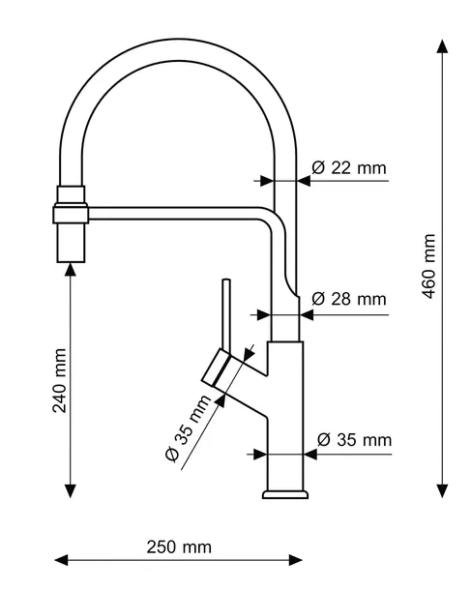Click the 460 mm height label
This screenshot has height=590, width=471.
click(x=429, y=266)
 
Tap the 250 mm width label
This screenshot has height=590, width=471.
click(x=179, y=547)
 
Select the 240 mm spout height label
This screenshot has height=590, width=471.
click(x=59, y=381)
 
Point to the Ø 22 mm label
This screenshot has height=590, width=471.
click(x=349, y=168)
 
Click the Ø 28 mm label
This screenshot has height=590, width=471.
click(x=349, y=299)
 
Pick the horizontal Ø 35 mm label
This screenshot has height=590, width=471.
click(x=354, y=440)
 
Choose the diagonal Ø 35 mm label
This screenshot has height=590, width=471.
click(x=188, y=428)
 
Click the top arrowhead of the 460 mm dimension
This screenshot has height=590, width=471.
click(x=442, y=45)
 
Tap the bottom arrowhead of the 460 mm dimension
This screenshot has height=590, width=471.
click(x=442, y=490)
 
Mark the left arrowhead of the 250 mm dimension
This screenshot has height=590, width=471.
click(x=61, y=560)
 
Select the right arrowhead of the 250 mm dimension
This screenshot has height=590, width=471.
click(x=296, y=560)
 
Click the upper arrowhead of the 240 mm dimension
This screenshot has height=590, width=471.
click(x=71, y=270)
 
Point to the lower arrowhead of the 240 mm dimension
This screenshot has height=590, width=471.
click(x=71, y=491)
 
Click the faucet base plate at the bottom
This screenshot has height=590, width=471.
click(x=285, y=494)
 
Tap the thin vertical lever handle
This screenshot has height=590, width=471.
click(x=226, y=315)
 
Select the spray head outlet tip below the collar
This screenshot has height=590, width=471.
click(x=71, y=243)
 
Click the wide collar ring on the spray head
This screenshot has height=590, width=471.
click(x=71, y=214)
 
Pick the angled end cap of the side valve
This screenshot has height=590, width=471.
click(x=215, y=368)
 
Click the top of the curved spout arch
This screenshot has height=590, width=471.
click(x=177, y=49)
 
